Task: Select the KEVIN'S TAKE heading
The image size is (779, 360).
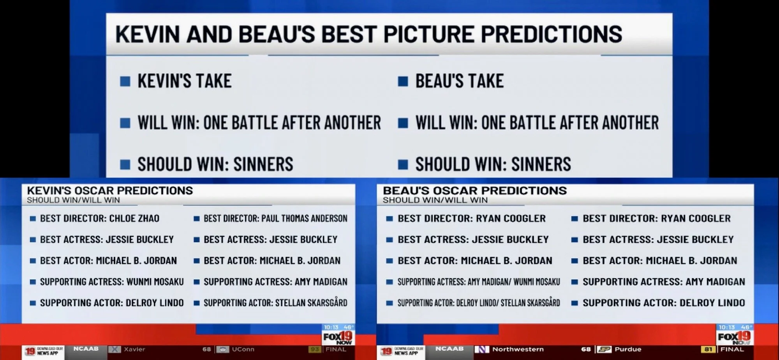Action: (184, 81)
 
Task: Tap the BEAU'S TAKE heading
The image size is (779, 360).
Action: (459, 81)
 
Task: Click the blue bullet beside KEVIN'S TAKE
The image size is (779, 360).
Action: (125, 81)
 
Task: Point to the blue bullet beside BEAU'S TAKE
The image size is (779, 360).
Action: (403, 81)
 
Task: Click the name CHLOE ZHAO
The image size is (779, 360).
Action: (134, 219)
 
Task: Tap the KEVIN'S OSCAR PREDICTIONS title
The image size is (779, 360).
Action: (110, 191)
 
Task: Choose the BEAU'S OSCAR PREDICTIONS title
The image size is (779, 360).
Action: (474, 191)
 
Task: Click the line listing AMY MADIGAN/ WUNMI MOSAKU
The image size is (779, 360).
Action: (478, 282)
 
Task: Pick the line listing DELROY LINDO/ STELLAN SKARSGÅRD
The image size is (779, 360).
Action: (478, 303)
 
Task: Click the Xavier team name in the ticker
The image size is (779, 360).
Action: (134, 349)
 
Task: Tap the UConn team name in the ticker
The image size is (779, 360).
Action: (243, 349)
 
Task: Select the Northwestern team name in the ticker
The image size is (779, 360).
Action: (518, 349)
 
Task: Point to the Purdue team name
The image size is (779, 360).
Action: (627, 349)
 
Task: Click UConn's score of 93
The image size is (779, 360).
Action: (314, 349)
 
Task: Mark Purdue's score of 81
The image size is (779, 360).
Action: (708, 349)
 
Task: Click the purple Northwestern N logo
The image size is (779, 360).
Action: (481, 349)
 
